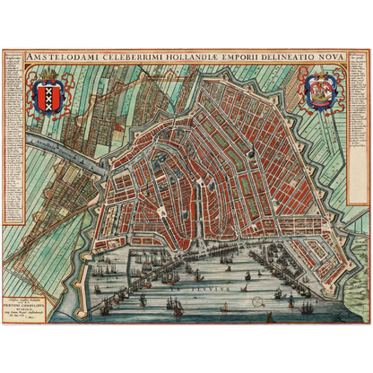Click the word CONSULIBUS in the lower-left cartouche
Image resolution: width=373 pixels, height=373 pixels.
click(38, 306)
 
